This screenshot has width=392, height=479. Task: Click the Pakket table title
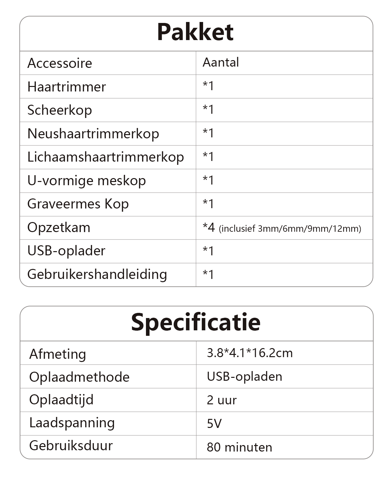pos(195,32)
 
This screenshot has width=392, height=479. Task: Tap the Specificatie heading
pos(196,322)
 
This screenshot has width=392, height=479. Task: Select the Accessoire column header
pos(60,63)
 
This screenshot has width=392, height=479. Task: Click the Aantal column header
pos(221,62)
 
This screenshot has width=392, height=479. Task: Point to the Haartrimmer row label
pos(67,87)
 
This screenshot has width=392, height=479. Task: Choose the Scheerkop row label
pos(60,110)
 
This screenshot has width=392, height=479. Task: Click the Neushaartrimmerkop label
pos(93,134)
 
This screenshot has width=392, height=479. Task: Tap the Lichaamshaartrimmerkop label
pos(106,157)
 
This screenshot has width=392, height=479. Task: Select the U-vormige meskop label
pos(87,181)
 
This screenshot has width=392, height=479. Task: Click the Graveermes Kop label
pos(78,204)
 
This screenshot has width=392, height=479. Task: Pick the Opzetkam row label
pos(59,228)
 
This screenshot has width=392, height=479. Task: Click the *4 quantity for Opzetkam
pos(209,228)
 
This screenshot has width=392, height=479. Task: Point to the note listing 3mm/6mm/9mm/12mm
pos(290,229)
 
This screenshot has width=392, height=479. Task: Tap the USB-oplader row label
pos(67,251)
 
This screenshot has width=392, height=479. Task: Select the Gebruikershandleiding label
pos(97,274)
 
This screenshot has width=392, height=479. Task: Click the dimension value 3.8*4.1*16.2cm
pos(250,353)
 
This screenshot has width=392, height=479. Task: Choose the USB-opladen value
pos(244,377)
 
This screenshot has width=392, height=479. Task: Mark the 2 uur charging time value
pos(222,400)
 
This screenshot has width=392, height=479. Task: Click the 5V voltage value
pos(214,423)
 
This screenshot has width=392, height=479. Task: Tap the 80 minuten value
pos(239,447)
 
